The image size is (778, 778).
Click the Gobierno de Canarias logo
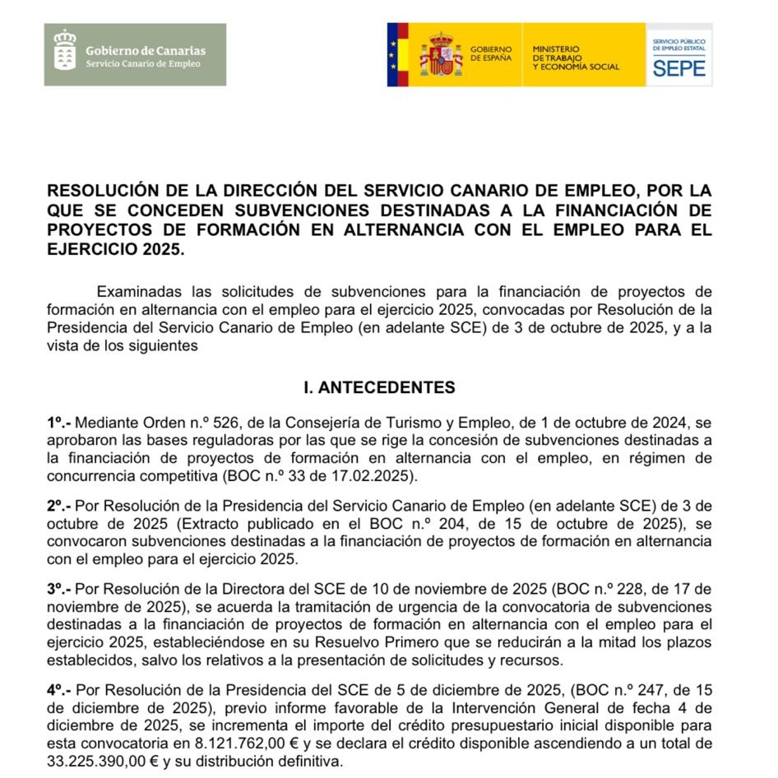tap(135, 54)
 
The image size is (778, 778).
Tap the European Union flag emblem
tap(398, 54)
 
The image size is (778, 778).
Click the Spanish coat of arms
tap(441, 54)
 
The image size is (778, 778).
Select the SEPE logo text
tap(679, 67)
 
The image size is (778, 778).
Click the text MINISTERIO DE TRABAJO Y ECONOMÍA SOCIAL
tap(576, 58)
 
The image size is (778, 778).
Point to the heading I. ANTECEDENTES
tap(379, 387)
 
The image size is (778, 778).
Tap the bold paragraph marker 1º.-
tap(59, 423)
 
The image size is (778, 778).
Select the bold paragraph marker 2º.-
tap(59, 507)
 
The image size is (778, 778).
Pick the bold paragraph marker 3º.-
tap(59, 590)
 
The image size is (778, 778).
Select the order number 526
tap(226, 423)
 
